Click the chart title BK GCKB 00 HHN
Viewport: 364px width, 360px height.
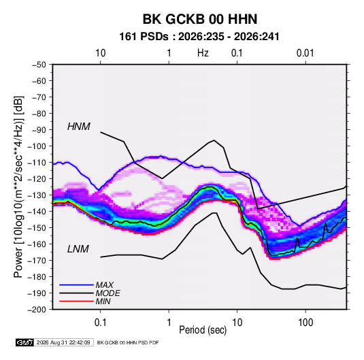pos(200,19)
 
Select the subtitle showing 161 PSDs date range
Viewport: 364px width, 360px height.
pos(199,37)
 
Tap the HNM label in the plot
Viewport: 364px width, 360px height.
pos(79,127)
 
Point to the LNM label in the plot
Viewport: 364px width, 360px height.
pos(78,249)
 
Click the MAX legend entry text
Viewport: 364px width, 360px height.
pos(105,284)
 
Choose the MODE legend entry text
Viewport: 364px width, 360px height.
pos(107,293)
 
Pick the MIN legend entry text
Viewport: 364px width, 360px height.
pos(103,301)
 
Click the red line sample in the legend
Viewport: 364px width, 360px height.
pos(76,301)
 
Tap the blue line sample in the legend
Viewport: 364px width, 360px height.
pos(76,284)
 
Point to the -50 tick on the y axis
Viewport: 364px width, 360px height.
pos(39,65)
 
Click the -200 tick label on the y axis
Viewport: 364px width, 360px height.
pos(37,310)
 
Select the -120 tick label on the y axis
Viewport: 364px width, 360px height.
pos(37,179)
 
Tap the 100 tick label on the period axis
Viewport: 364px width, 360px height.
pos(305,323)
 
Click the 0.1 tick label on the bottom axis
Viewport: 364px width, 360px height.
pos(100,323)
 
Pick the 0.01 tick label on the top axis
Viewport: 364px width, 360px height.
pos(305,53)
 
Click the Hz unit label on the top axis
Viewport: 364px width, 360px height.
pos(203,53)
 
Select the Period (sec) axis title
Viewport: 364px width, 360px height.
pos(203,330)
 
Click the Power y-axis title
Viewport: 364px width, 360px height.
pos(18,187)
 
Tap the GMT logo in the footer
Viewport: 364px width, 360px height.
pos(25,342)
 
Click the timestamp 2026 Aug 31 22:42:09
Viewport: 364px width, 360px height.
pos(63,342)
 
